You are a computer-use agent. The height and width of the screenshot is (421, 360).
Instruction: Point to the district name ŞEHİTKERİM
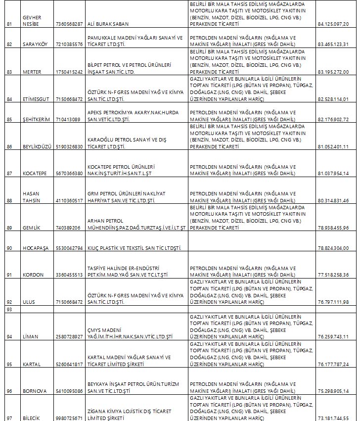[x=36, y=119]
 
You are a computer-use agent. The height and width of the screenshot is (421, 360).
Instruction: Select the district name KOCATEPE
[x=35, y=173]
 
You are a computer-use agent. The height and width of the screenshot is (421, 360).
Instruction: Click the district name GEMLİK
[x=31, y=228]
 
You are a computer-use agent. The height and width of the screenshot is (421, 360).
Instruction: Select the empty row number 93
[x=8, y=309]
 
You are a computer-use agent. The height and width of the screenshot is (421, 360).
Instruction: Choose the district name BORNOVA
[x=35, y=391]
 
